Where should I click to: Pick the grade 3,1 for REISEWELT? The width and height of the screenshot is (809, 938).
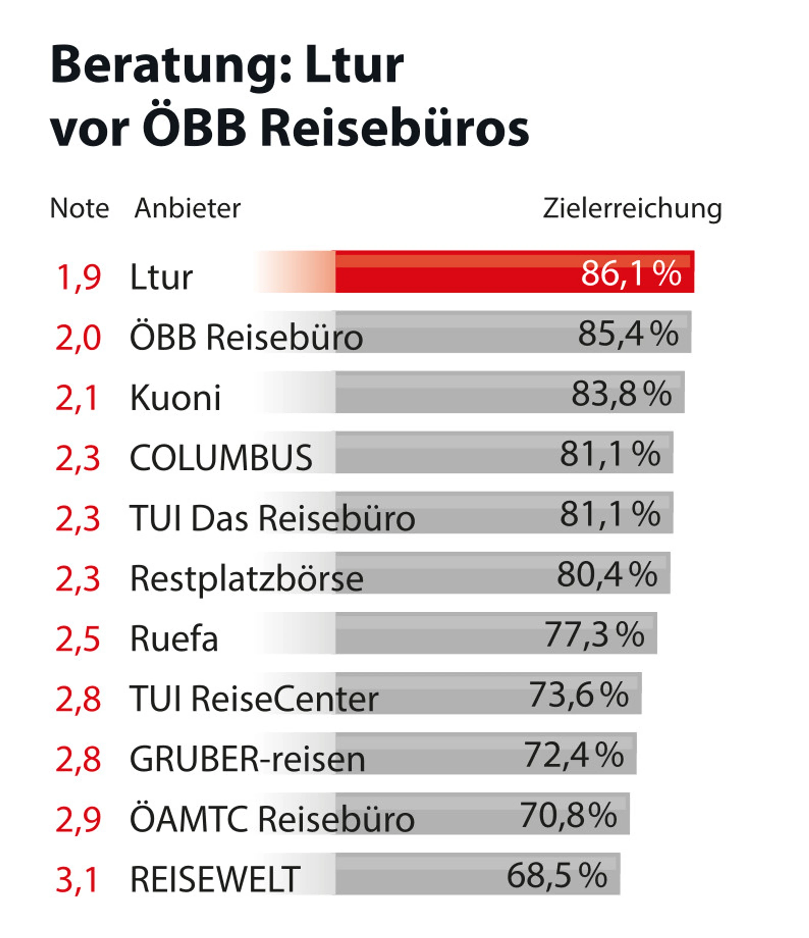click(77, 879)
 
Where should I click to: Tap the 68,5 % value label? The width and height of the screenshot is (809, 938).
click(557, 875)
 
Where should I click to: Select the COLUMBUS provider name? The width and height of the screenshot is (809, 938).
click(221, 458)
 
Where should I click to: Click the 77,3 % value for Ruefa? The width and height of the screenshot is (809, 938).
click(594, 634)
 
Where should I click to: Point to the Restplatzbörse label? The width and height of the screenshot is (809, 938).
click(246, 578)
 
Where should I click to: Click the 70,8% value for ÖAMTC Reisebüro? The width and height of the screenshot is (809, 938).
click(568, 815)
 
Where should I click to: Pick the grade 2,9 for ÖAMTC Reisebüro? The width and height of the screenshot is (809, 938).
click(78, 819)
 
